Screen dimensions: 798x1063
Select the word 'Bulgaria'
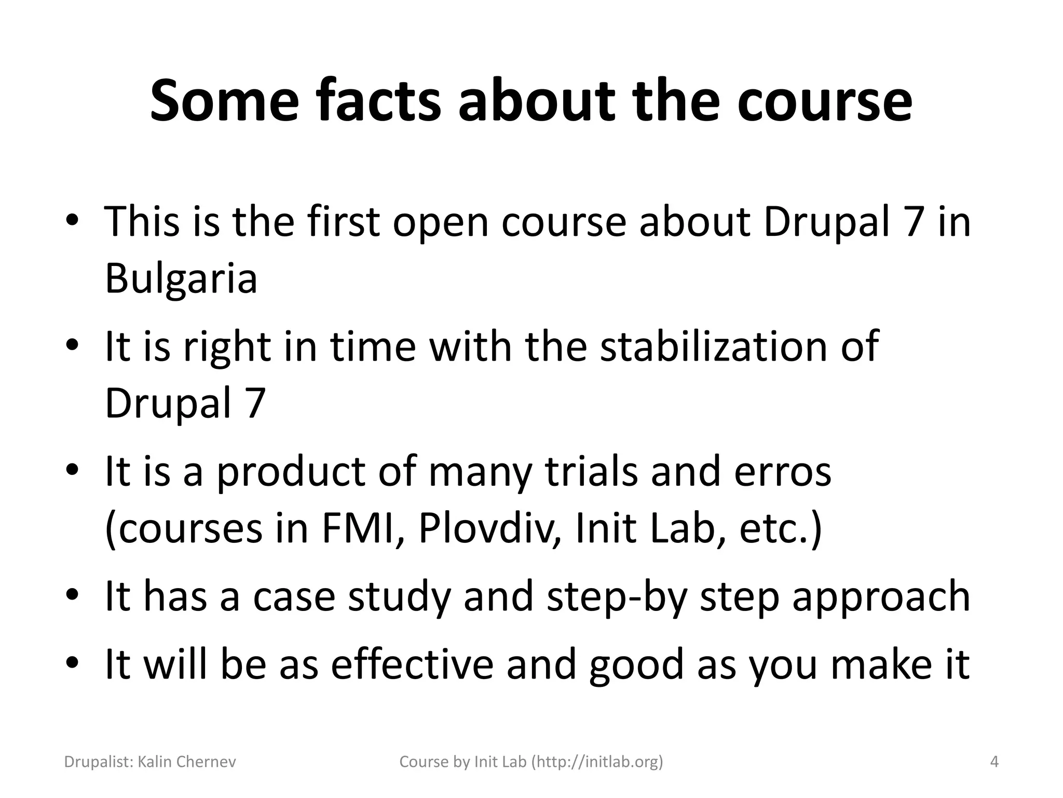(x=181, y=278)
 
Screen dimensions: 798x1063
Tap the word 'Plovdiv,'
(x=489, y=529)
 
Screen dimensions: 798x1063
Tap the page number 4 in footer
(x=994, y=762)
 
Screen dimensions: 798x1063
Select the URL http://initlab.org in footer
(x=597, y=762)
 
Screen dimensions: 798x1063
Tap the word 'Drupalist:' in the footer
(x=99, y=762)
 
